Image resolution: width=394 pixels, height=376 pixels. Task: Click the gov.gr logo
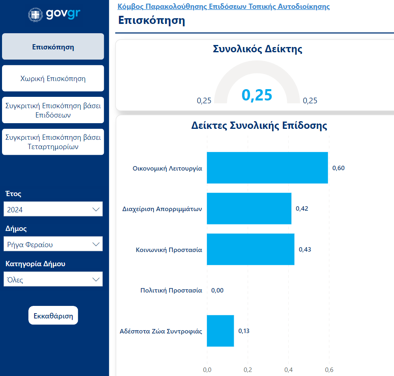(x=54, y=14)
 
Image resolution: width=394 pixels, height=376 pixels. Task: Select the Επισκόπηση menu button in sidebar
(x=53, y=47)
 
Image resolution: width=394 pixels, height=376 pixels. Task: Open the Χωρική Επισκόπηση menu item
(x=53, y=79)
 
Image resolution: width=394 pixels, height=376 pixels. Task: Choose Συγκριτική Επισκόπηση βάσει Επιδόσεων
(x=53, y=110)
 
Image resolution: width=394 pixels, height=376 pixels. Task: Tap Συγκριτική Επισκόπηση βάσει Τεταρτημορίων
(x=53, y=142)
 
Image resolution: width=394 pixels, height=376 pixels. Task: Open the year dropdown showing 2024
(x=53, y=209)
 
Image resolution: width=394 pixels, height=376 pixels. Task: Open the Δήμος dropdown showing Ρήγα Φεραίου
(x=53, y=244)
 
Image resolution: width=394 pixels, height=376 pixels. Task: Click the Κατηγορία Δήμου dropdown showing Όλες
(x=53, y=280)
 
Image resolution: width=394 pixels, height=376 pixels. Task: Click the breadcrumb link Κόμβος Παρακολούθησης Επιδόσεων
(x=223, y=6)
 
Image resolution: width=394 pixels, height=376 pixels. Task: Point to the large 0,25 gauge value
(x=257, y=95)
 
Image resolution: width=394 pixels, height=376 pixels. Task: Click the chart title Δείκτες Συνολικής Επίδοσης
(x=259, y=126)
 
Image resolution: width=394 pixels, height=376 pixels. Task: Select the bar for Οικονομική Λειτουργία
(x=267, y=168)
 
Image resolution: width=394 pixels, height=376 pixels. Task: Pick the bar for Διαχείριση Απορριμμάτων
(x=249, y=209)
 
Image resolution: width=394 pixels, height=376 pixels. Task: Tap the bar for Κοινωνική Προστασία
(x=250, y=249)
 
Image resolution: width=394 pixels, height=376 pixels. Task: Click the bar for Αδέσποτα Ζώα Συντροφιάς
(x=220, y=331)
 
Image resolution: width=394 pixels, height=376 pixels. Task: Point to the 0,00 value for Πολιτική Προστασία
(x=217, y=291)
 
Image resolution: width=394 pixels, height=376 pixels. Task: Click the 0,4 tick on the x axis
(x=289, y=370)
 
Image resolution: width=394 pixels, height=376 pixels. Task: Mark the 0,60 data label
(x=338, y=168)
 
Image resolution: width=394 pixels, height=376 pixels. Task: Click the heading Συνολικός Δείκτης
(x=257, y=49)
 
